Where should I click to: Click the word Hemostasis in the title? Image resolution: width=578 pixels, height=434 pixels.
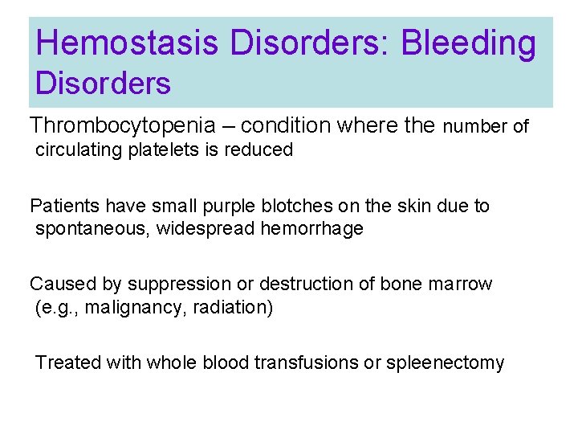(x=128, y=44)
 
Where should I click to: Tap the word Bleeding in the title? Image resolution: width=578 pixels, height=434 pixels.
(x=468, y=44)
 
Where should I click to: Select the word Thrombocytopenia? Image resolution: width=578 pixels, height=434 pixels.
(x=123, y=125)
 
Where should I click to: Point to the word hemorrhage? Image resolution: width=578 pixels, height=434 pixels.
(x=311, y=229)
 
